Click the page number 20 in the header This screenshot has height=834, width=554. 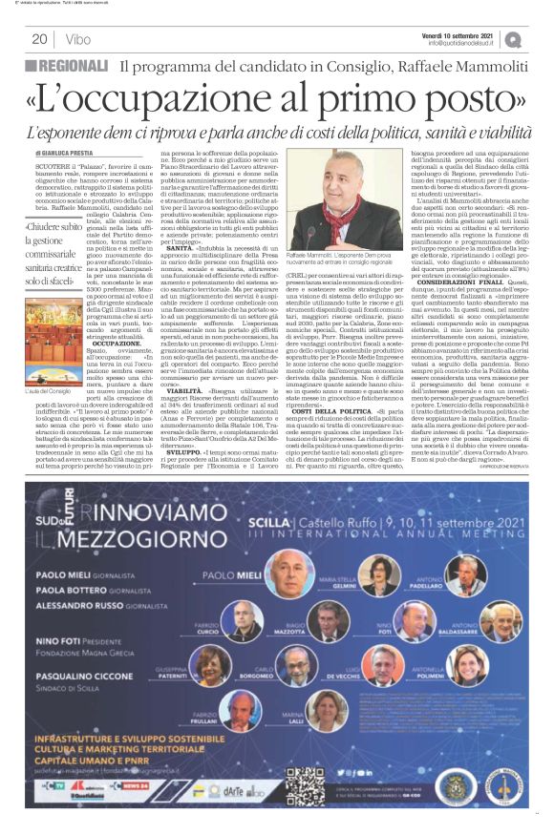[40, 39]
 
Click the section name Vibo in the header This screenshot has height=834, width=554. [79, 39]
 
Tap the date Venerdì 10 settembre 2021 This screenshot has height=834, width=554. [458, 34]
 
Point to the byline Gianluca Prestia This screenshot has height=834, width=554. [72, 153]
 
